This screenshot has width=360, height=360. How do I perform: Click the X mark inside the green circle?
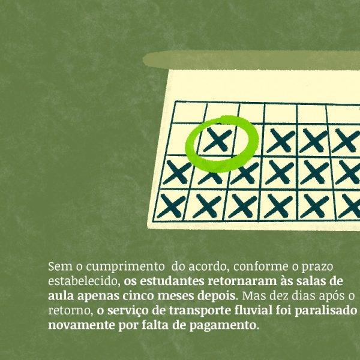click(217, 140)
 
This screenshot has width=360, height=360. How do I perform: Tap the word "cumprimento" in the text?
click(125, 267)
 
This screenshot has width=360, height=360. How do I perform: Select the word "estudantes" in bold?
click(172, 281)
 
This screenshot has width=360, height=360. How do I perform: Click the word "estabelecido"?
click(84, 281)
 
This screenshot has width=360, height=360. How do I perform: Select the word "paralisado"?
click(326, 310)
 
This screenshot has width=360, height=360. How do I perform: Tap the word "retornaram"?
click(242, 281)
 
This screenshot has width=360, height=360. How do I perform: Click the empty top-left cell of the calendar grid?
click(190, 113)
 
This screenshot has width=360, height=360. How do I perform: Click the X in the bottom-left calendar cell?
click(171, 206)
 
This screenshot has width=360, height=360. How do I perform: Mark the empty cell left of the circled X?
click(182, 140)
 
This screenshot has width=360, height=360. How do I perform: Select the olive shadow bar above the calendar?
click(251, 59)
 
